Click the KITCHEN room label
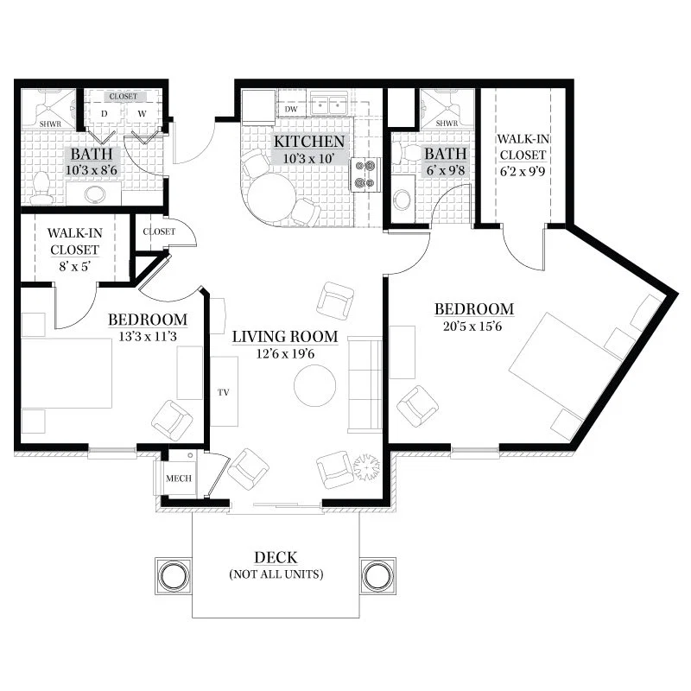309,142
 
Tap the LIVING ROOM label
285,337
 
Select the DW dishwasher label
291,109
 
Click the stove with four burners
365,174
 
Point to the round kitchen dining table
271,197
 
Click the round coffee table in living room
314,385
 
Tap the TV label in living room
224,392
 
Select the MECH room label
179,479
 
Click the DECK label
276,557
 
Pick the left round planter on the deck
174,576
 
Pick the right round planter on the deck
377,576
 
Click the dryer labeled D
105,114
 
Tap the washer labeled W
142,114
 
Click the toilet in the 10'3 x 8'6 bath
41,188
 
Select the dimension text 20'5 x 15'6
472,326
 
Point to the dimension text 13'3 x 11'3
148,337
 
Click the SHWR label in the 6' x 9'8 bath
447,124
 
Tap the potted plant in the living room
366,467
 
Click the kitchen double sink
329,104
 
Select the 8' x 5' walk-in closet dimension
74,267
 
